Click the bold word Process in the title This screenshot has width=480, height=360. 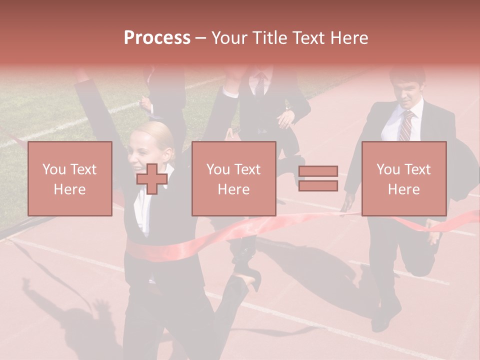click(x=157, y=37)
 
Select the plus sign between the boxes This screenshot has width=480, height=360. click(x=152, y=178)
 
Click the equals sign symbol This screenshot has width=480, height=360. click(x=318, y=178)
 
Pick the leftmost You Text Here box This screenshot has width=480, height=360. click(x=69, y=178)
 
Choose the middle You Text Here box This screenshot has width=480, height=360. click(x=233, y=178)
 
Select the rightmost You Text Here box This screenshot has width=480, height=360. click(x=403, y=178)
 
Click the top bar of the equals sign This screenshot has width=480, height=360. click(x=318, y=171)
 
